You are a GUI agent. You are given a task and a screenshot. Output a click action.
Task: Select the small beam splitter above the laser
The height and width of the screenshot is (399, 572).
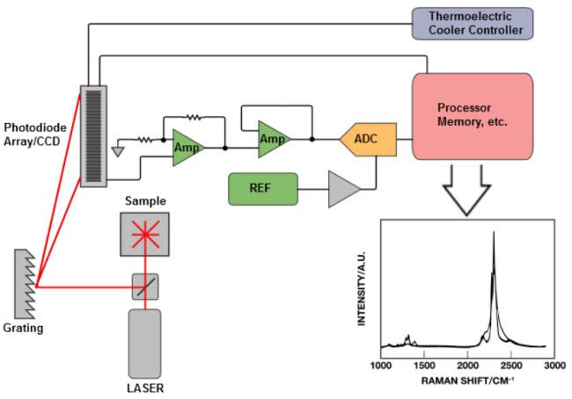tap(143, 287)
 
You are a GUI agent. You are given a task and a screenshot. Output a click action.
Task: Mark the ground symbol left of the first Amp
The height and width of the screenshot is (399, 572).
tap(119, 150)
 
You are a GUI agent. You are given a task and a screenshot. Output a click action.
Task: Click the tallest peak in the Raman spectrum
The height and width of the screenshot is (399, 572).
tap(495, 234)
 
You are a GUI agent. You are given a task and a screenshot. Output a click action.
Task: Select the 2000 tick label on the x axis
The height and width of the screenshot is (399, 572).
tap(466, 365)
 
